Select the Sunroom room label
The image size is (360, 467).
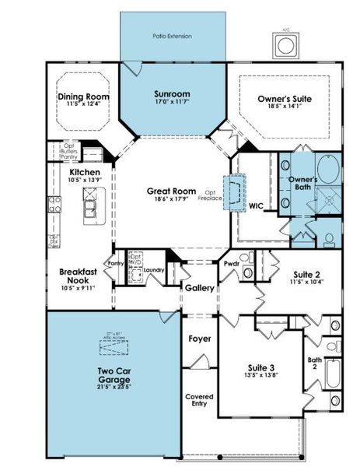point(172,94)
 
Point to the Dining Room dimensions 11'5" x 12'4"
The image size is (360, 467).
point(83,104)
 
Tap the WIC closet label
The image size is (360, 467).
point(257,206)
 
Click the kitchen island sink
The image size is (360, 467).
point(92,207)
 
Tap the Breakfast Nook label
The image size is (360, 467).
point(78,276)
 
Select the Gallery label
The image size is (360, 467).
point(199,288)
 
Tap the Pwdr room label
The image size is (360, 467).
point(232,263)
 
